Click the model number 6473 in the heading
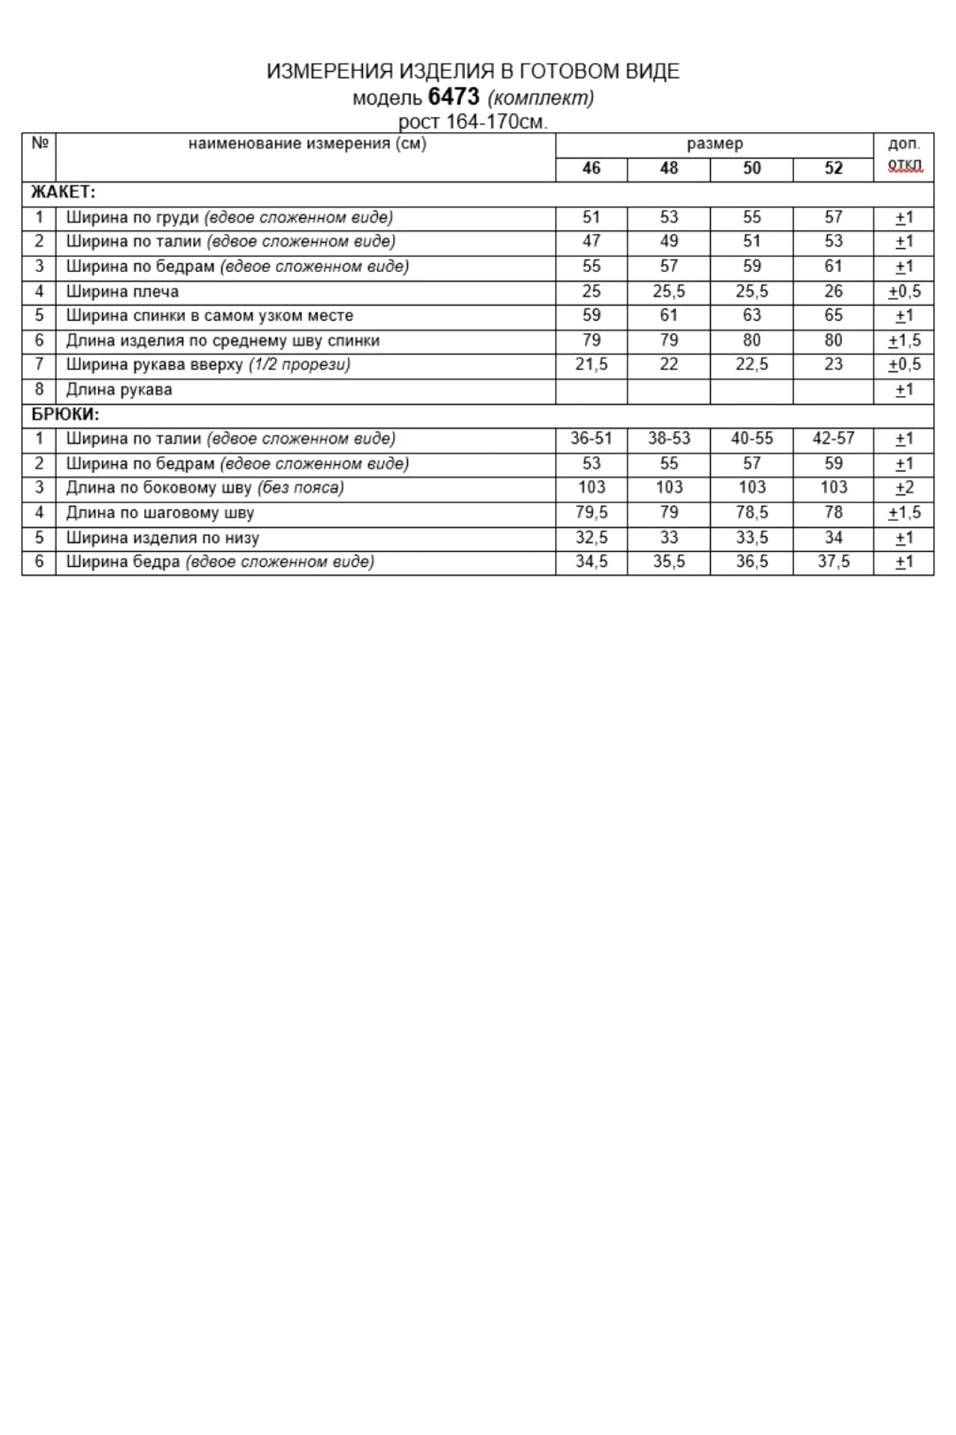(x=453, y=96)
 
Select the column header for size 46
(x=591, y=169)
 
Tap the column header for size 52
(x=833, y=169)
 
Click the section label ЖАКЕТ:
(x=63, y=192)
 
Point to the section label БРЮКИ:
(x=65, y=415)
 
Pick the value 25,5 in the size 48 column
(x=668, y=291)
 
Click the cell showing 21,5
(x=591, y=364)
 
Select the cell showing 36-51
(x=591, y=438)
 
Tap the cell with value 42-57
(x=833, y=438)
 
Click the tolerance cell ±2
(x=904, y=488)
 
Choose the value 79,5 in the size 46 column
(x=591, y=512)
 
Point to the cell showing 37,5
(x=833, y=562)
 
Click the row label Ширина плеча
(x=123, y=291)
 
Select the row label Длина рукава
(x=119, y=390)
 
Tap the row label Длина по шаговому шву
(x=160, y=512)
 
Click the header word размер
(x=714, y=143)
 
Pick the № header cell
(x=39, y=143)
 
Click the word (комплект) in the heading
(x=541, y=97)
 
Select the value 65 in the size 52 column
(x=833, y=316)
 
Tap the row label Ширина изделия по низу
(x=163, y=537)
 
